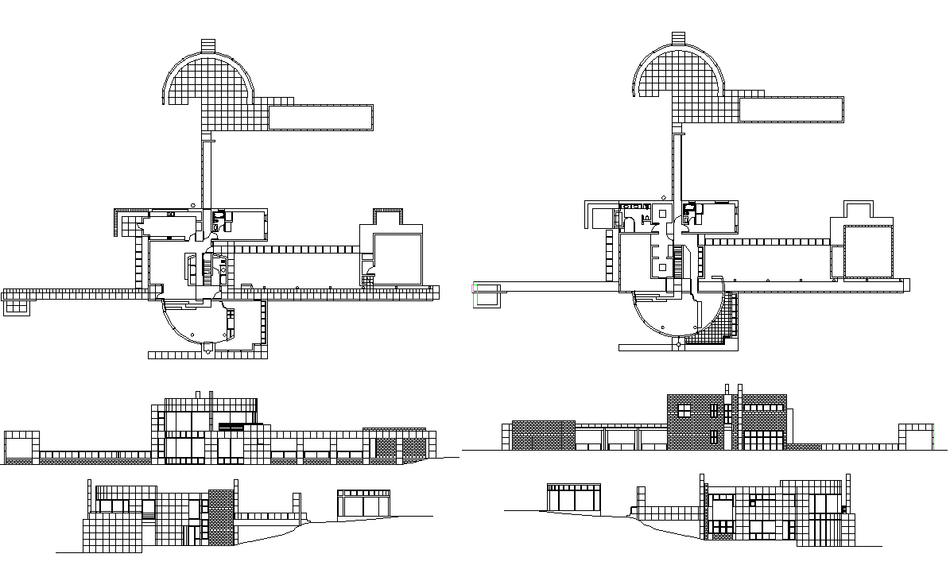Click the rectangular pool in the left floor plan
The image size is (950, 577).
tap(320, 117)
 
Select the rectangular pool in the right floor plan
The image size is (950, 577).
tap(790, 110)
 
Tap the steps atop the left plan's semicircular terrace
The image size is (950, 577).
tap(208, 45)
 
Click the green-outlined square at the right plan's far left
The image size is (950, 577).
tap(486, 294)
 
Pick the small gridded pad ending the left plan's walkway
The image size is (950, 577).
tap(16, 304)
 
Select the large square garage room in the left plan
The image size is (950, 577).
tap(398, 258)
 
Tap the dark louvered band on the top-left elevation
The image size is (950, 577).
tap(231, 428)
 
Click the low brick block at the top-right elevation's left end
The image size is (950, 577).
tap(543, 436)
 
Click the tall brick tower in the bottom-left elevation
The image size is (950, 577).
tap(222, 517)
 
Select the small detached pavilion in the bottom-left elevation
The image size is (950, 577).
tap(364, 504)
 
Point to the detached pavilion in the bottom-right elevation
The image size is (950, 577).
tap(573, 498)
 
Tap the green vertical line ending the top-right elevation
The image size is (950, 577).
tap(933, 436)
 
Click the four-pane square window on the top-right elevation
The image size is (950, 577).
tap(683, 411)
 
